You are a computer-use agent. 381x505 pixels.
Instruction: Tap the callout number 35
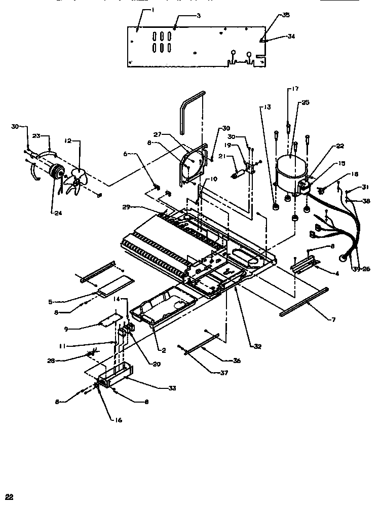(x=286, y=16)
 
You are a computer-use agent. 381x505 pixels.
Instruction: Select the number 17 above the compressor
(x=294, y=90)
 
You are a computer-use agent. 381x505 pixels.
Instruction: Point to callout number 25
(x=305, y=102)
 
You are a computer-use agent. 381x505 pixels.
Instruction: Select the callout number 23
(x=36, y=136)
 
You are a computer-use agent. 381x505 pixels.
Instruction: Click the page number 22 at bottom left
(x=9, y=497)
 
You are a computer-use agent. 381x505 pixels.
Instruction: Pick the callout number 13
(x=267, y=107)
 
